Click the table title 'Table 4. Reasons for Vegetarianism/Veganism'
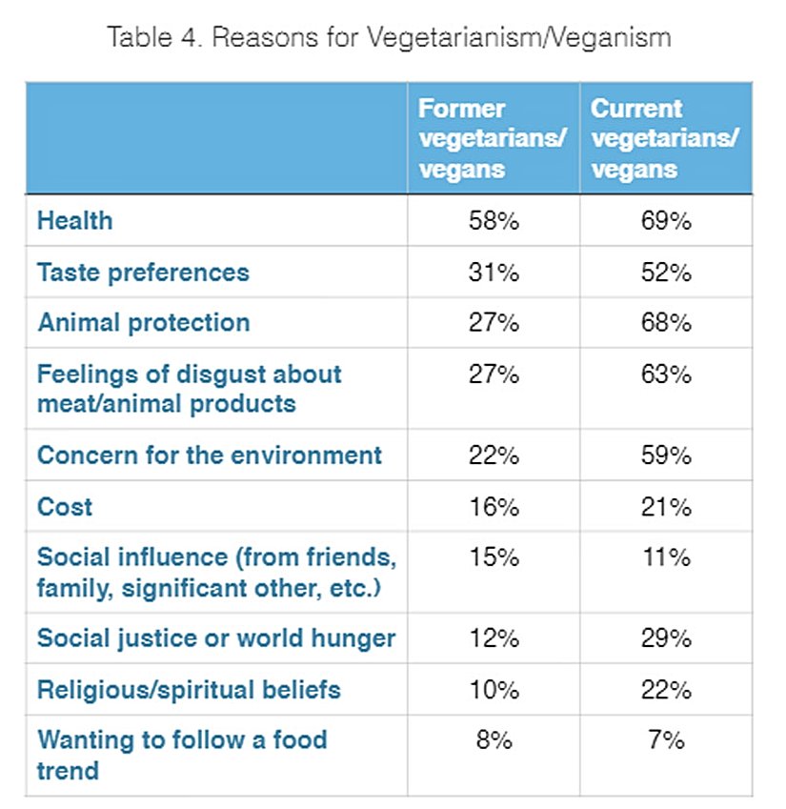[x=389, y=38]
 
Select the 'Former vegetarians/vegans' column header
[x=492, y=139]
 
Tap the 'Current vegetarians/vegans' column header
[x=664, y=139]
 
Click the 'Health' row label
[x=74, y=221]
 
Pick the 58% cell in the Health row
[x=494, y=221]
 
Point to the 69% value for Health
[x=666, y=221]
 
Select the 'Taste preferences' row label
[x=143, y=273]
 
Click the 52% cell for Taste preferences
[x=666, y=273]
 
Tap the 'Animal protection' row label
[x=144, y=322]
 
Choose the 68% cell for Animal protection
[x=666, y=322]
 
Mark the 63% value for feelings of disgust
[x=666, y=374]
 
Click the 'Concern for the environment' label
[x=209, y=455]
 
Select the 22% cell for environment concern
[x=494, y=455]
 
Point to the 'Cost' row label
[x=65, y=506]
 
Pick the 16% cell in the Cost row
[x=494, y=506]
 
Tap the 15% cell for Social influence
[x=494, y=557]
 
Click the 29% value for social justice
[x=666, y=638]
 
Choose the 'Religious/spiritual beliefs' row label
[x=189, y=689]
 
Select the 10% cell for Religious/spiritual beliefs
[x=494, y=689]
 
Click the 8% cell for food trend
[x=494, y=740]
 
